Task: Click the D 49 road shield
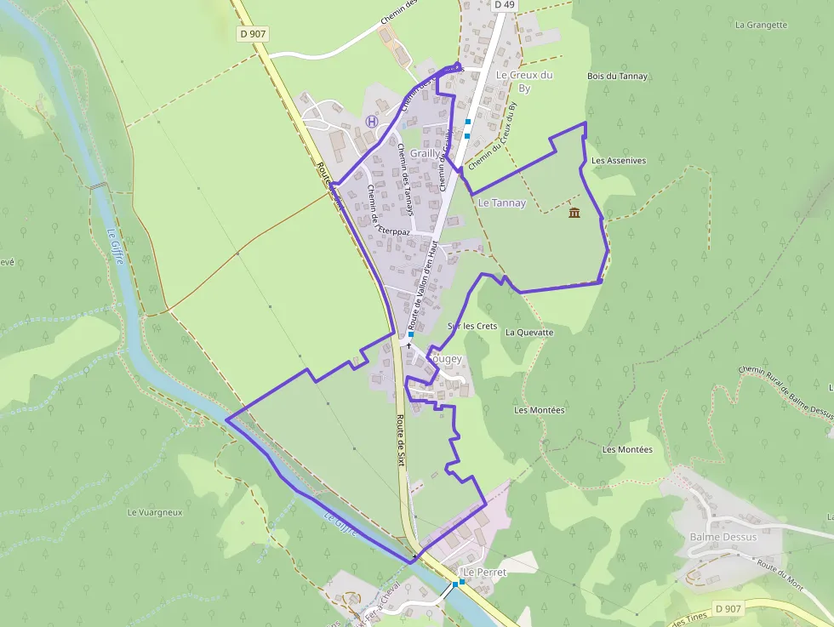pos(506,5)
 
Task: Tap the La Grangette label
pos(761,26)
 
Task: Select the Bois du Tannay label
pos(617,77)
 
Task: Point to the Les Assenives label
pos(619,160)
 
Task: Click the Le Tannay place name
pos(502,203)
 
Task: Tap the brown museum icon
pos(574,212)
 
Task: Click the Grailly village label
pos(425,154)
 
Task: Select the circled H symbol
pos(371,122)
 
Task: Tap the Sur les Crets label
pos(472,327)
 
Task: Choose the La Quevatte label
pos(529,333)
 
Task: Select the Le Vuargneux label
pos(155,512)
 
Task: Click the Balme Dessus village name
pos(723,537)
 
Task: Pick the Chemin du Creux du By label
pos(493,135)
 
